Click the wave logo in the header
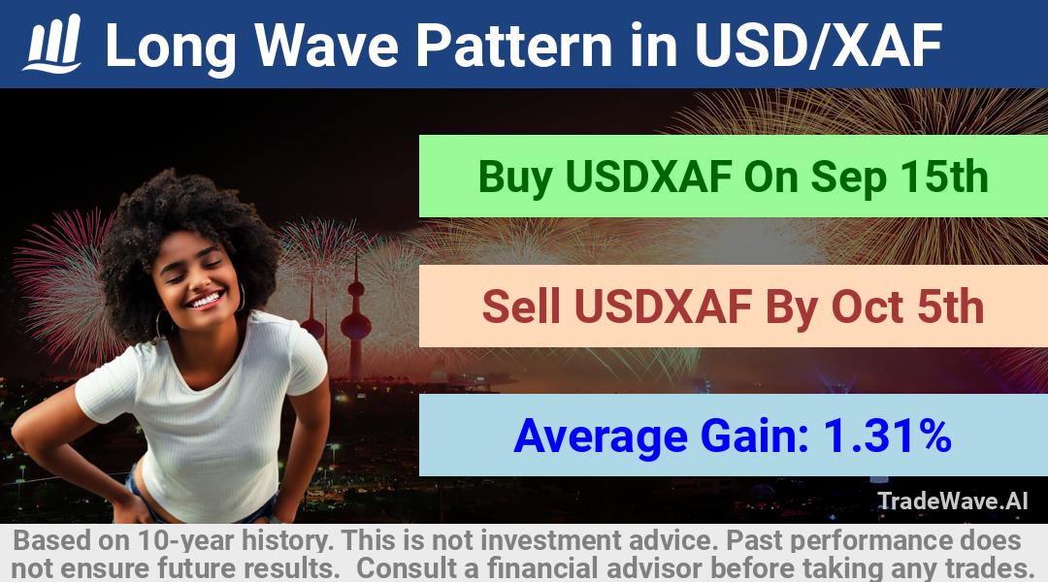point(52,44)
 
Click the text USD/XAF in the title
point(818,46)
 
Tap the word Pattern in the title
point(514,46)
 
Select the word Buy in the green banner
point(515,178)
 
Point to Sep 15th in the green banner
point(900,177)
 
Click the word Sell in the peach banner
point(521,307)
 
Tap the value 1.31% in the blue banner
point(887,435)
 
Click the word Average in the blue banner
point(601,436)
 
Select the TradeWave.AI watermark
point(953,501)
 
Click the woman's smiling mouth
point(205,300)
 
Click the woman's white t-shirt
point(208,414)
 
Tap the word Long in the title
point(171,47)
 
